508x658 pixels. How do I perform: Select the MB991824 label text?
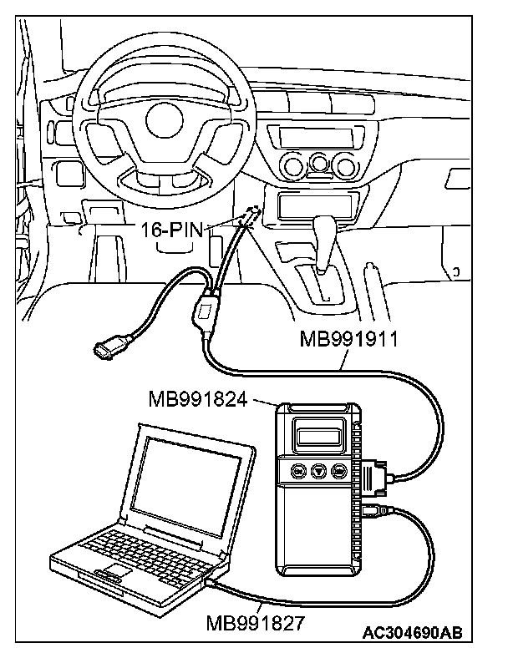coord(198,399)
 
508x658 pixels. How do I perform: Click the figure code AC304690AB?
coord(412,634)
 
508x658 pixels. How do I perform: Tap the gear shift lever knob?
coord(327,228)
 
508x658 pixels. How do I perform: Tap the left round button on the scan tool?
coord(297,470)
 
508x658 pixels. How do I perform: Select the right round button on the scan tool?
coord(339,470)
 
